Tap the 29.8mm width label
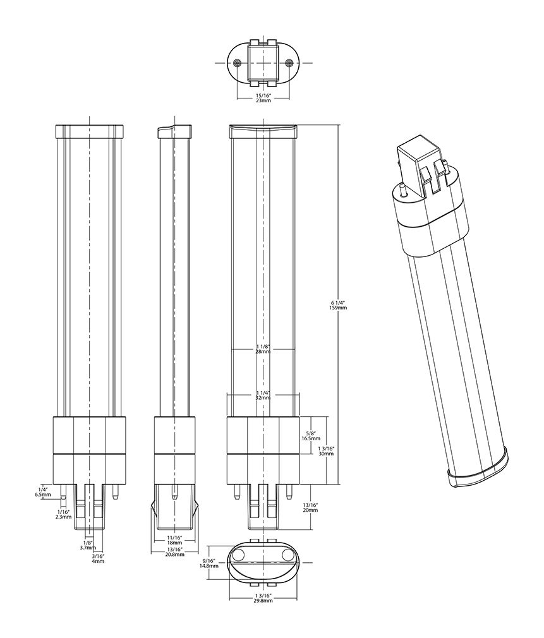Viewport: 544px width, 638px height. point(263,598)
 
